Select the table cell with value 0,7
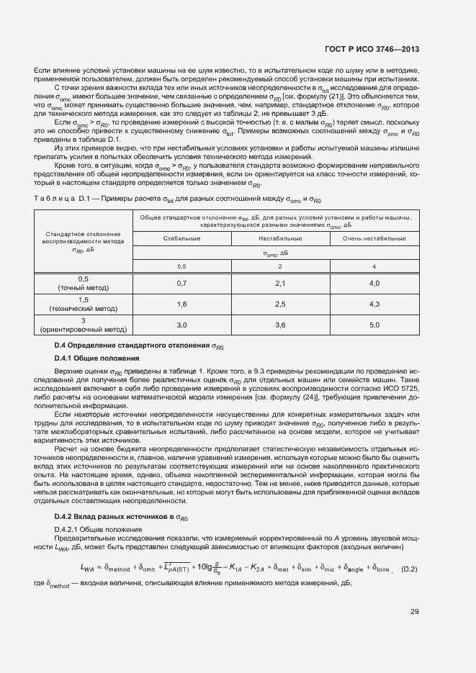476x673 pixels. point(182,284)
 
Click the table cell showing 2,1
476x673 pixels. point(280,284)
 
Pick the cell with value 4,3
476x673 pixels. point(374,304)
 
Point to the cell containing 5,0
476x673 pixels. point(374,325)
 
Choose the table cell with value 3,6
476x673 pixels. point(280,325)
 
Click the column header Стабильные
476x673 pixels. point(182,238)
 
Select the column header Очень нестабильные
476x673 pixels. point(374,238)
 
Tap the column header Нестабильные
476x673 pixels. point(280,238)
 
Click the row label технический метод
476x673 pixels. point(84,309)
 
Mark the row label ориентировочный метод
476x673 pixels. point(84,330)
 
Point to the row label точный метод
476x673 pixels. point(84,288)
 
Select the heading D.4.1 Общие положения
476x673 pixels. point(96,358)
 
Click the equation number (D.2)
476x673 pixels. point(409,569)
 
